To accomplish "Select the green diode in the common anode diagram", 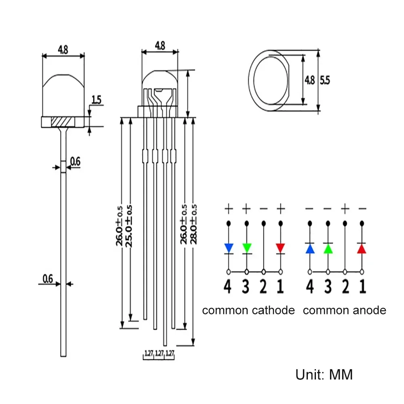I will click(x=328, y=248).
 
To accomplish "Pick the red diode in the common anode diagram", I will click(x=362, y=248).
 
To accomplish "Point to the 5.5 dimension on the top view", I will click(x=325, y=80).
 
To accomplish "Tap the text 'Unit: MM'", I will click(x=324, y=374).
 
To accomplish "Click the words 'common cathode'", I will click(x=248, y=310).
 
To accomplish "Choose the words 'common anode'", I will click(x=344, y=310).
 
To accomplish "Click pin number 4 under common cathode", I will click(x=228, y=286).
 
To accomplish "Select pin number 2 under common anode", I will click(x=345, y=286).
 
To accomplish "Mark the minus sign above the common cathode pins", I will click(x=263, y=209).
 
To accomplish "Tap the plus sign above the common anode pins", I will click(x=345, y=209).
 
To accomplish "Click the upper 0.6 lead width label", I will click(x=75, y=162).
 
